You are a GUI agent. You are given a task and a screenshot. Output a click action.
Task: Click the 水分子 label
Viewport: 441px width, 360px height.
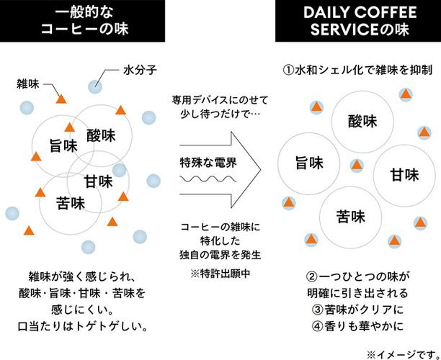click(x=140, y=71)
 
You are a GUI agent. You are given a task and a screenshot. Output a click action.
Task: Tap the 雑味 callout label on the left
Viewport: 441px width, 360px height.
click(x=28, y=84)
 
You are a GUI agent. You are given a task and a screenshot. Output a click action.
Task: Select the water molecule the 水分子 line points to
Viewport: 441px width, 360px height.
click(x=95, y=86)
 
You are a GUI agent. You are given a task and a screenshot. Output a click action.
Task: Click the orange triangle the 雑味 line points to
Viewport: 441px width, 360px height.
click(x=61, y=99)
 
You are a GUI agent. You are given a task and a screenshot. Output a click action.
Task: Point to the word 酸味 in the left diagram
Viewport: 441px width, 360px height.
click(x=101, y=135)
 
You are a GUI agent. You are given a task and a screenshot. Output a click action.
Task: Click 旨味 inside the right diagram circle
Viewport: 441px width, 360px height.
click(x=309, y=163)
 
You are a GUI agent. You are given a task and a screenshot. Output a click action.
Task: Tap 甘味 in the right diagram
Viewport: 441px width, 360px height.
click(x=404, y=175)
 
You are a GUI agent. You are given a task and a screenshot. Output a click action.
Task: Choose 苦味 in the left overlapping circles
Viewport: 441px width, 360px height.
click(x=71, y=203)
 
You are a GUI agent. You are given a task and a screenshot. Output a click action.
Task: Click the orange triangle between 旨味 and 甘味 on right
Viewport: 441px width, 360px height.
click(x=357, y=166)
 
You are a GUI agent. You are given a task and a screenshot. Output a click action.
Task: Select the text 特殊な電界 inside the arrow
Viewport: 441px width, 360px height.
click(x=208, y=163)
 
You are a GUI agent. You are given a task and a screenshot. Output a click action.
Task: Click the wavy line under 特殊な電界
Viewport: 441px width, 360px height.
click(x=208, y=179)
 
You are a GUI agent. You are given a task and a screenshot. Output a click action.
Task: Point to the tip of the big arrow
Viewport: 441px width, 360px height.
click(x=261, y=169)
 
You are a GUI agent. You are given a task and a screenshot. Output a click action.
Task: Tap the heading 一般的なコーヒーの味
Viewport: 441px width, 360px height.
click(x=85, y=20)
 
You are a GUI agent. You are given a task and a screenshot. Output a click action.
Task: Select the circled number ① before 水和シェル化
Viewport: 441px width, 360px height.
click(x=288, y=71)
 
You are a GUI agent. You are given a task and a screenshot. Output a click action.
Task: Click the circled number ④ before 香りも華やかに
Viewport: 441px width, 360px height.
click(x=317, y=326)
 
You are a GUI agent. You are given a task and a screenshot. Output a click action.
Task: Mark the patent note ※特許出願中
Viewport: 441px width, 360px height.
click(x=220, y=274)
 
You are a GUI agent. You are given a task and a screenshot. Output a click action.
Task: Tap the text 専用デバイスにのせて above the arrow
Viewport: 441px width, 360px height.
click(x=220, y=100)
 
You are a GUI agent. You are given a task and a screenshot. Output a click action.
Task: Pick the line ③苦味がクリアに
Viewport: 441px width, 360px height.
click(x=357, y=310)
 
